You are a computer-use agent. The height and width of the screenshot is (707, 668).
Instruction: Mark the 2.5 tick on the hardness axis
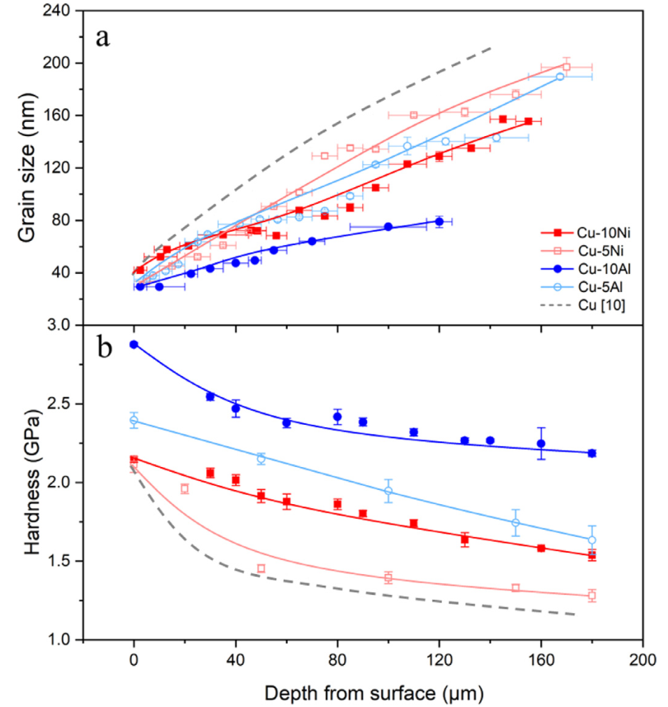[59, 403]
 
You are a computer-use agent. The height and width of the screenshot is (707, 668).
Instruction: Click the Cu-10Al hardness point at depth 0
[134, 344]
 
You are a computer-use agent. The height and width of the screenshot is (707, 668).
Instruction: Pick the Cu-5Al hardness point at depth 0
[134, 420]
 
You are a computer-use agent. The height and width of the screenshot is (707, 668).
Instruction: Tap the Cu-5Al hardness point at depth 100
[388, 491]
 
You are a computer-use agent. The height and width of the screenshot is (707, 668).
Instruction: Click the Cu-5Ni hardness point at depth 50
[261, 568]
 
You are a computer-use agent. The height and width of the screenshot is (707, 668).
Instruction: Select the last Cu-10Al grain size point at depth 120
[440, 221]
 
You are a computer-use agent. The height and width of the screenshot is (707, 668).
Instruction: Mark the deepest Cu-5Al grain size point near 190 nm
[560, 77]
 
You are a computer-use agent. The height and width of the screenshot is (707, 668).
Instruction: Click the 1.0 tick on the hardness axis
[59, 639]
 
